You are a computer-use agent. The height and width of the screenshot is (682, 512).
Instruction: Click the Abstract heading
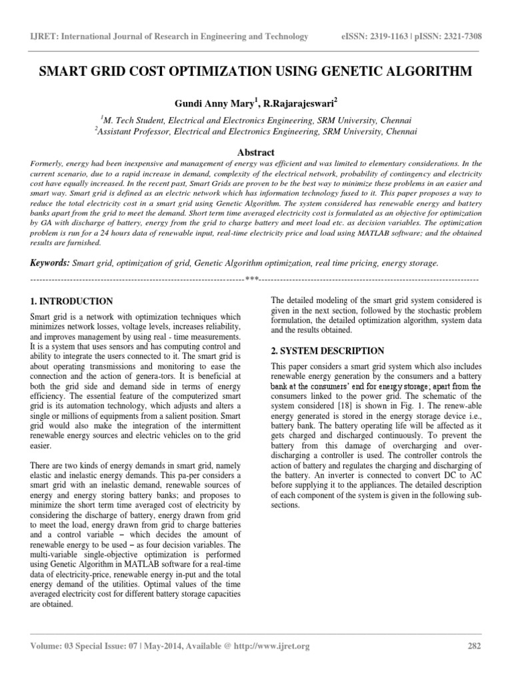click(x=256, y=152)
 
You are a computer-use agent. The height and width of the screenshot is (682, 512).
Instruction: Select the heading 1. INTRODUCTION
click(x=73, y=301)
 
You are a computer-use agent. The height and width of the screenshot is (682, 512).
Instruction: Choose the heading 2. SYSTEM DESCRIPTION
click(x=327, y=350)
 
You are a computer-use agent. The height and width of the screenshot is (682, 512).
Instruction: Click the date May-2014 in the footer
click(x=154, y=646)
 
